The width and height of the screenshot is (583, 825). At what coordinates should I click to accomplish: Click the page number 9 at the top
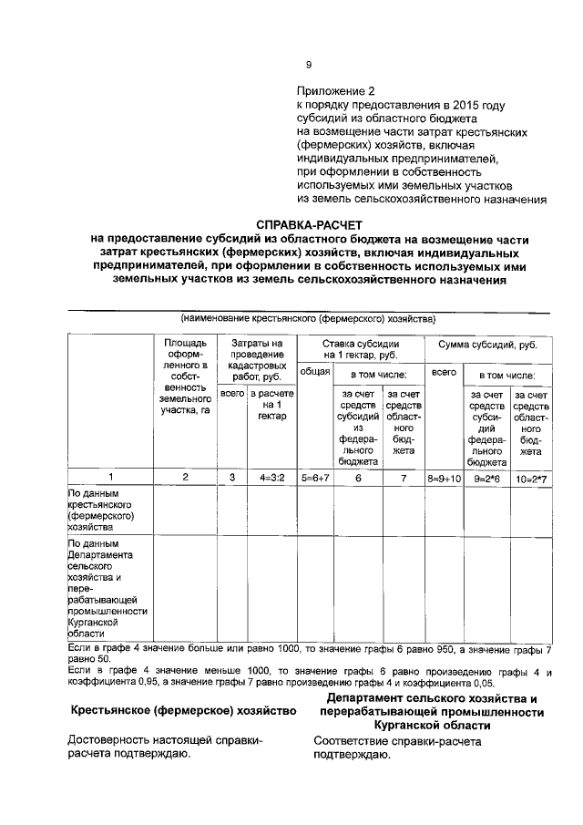pos(308,64)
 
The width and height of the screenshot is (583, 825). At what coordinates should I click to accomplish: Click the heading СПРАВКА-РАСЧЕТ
pos(309,223)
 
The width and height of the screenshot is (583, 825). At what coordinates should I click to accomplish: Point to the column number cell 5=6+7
pos(314,477)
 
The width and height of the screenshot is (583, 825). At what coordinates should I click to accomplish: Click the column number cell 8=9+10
pos(445,477)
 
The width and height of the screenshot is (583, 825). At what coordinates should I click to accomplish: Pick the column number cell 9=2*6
pos(486,477)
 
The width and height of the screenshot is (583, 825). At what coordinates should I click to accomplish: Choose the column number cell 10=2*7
pos(530,477)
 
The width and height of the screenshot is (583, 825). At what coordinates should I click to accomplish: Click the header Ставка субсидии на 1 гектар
pos(361,351)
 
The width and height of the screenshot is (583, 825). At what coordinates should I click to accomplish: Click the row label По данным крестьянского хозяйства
pos(102,510)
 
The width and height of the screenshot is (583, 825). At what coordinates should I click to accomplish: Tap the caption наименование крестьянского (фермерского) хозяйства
pos(308,319)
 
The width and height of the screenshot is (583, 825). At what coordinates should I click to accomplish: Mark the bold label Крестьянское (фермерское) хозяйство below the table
pos(183,710)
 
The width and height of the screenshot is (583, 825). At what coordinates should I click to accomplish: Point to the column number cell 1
pos(111,477)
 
